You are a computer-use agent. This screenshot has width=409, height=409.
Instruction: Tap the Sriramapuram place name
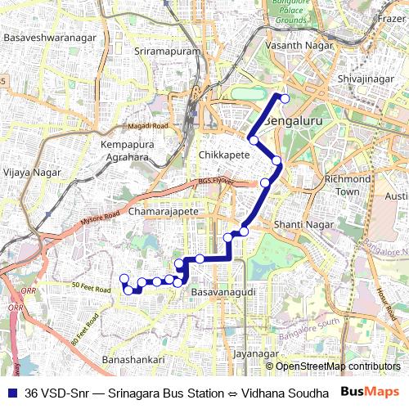166,52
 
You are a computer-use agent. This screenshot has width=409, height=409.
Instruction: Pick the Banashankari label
133,360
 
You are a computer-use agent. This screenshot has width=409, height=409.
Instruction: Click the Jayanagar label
251,354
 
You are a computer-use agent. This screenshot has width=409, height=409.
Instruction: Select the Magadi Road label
147,126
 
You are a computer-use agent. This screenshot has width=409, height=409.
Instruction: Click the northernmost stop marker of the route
285,99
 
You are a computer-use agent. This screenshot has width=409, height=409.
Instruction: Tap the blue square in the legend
11,393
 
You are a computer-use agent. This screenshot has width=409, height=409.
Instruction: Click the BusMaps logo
369,393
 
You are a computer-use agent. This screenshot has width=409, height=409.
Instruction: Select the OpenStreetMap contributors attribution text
337,366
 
